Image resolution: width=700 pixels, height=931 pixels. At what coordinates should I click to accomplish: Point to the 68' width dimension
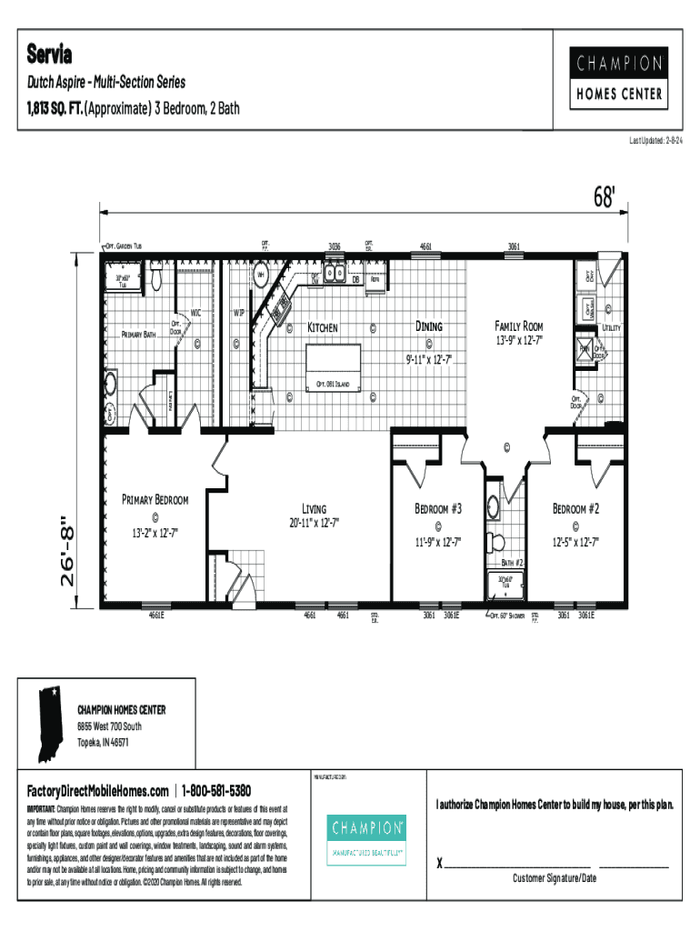coord(605,197)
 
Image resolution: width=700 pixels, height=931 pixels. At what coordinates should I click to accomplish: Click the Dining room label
coord(428,325)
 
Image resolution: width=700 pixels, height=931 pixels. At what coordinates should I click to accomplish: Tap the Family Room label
coord(518,325)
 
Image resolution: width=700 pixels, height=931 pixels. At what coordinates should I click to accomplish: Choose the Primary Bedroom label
coord(155,499)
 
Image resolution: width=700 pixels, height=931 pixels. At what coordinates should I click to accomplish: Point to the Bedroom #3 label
coord(439,508)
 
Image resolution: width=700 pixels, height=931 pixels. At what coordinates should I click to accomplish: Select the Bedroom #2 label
coord(576,508)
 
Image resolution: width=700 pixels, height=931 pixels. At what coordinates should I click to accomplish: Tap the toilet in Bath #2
coord(496,543)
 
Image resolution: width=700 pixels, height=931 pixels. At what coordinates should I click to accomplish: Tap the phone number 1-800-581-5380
coord(217,790)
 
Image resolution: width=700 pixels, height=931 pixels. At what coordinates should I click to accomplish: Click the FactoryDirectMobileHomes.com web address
coord(97,790)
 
